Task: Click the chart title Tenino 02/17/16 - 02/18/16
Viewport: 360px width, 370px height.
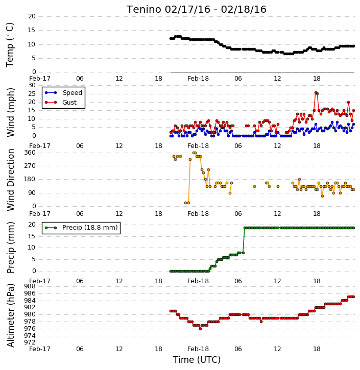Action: (x=197, y=9)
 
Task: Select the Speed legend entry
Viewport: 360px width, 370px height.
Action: (x=63, y=93)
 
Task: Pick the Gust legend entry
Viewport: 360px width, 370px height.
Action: (x=61, y=103)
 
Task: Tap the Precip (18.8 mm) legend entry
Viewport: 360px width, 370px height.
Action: (x=81, y=228)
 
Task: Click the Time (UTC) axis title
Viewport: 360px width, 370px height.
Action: (x=197, y=360)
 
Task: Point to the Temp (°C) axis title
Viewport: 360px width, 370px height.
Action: (x=10, y=45)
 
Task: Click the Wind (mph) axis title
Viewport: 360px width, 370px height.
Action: (x=10, y=112)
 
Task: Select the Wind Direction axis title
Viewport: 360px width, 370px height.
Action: (x=10, y=180)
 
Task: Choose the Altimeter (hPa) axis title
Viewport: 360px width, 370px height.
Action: (x=10, y=315)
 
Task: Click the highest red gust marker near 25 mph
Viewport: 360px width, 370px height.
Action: (x=316, y=93)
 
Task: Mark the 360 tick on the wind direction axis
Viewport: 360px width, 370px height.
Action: (x=30, y=153)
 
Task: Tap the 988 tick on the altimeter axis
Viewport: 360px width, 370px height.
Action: (x=30, y=286)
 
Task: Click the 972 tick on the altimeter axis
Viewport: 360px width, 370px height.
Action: (x=30, y=342)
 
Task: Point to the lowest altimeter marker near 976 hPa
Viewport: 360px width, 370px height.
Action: (x=200, y=329)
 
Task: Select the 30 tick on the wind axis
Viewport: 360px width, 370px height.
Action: (x=32, y=85)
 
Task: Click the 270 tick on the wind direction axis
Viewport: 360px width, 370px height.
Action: (x=30, y=166)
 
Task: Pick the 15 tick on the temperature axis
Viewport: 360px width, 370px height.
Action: (x=32, y=30)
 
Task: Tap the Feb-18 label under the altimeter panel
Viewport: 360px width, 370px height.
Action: (x=198, y=349)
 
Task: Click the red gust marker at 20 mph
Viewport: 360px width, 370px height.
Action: (x=348, y=103)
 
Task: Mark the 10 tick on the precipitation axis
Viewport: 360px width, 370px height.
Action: (x=32, y=248)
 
